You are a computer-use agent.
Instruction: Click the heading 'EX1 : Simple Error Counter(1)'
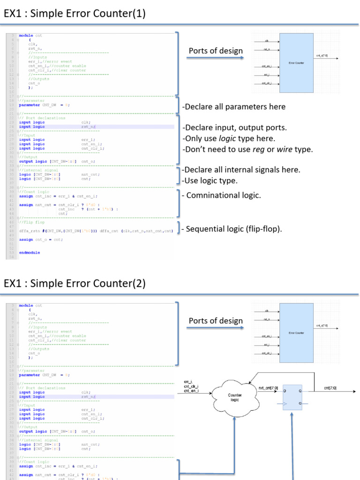pyautogui.click(x=75, y=14)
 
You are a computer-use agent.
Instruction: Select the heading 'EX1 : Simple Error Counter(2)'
pyautogui.click(x=75, y=283)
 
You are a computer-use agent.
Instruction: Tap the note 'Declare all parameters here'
pyautogui.click(x=234, y=107)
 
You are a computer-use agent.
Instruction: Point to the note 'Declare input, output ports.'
pyautogui.click(x=234, y=128)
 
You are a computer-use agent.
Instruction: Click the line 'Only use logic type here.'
pyautogui.click(x=229, y=139)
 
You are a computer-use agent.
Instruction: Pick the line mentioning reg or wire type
pyautogui.click(x=247, y=150)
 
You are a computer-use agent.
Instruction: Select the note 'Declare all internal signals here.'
pyautogui.click(x=241, y=170)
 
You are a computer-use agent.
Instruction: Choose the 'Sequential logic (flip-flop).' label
pyautogui.click(x=234, y=229)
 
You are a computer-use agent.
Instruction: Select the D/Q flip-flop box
pyautogui.click(x=293, y=397)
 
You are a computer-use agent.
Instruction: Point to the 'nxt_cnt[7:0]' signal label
pyautogui.click(x=268, y=388)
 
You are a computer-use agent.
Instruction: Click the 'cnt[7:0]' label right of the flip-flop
pyautogui.click(x=330, y=388)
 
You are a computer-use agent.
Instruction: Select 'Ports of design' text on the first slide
pyautogui.click(x=216, y=51)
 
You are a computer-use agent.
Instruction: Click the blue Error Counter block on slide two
pyautogui.click(x=296, y=332)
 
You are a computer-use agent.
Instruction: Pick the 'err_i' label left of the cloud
pyautogui.click(x=188, y=382)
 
